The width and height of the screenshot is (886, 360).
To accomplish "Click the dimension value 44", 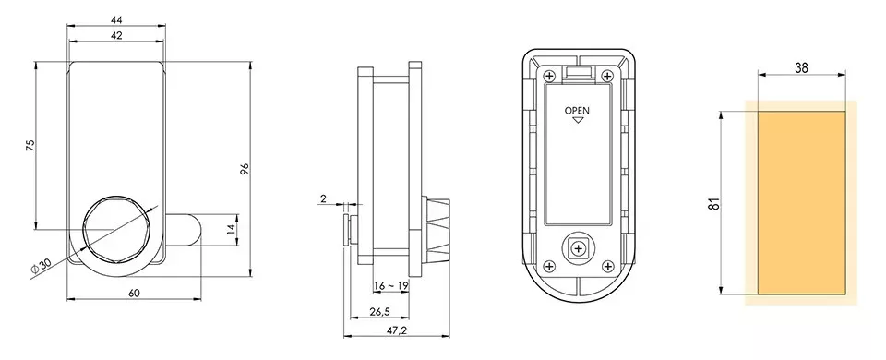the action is point(116,20).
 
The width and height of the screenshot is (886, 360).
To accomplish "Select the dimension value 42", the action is point(116,36).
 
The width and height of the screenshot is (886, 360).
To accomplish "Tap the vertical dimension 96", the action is point(245,168).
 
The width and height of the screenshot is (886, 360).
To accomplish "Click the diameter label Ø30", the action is point(42,266).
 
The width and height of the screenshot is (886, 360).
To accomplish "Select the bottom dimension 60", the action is point(134,293).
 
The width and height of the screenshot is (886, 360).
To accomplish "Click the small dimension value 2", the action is point(323,198).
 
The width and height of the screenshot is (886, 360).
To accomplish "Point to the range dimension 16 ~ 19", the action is point(391,286).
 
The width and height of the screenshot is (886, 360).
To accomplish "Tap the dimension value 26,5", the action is point(378,311).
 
